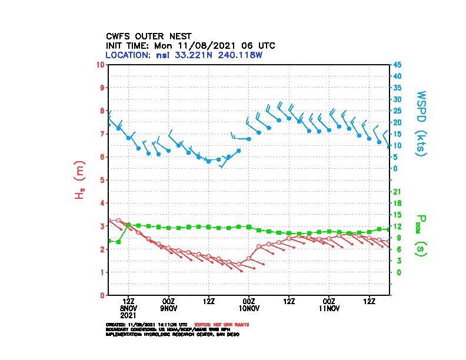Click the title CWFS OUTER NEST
148,36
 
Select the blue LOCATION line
184,55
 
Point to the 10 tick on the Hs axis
102,64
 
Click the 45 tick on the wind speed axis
398,64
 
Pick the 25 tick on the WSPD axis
398,111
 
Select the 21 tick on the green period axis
397,191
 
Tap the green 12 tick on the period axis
397,226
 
